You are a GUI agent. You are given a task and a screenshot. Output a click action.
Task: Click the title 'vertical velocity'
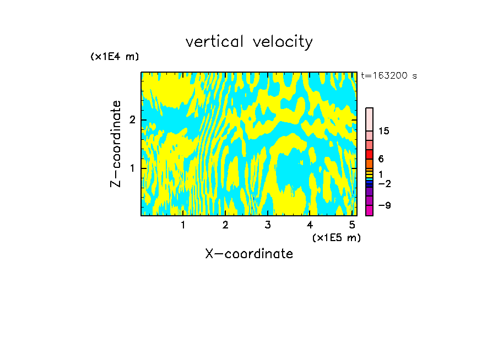click(249, 42)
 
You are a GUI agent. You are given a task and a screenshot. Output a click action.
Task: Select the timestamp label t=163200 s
click(388, 76)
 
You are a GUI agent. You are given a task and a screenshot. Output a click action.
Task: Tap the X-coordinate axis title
click(249, 254)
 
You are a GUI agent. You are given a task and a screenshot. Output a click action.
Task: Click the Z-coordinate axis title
click(116, 144)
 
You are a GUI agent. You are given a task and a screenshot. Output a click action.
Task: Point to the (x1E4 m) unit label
click(115, 57)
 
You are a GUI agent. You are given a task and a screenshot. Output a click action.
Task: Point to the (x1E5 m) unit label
click(336, 238)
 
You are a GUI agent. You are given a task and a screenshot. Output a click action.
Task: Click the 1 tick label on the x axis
click(183, 225)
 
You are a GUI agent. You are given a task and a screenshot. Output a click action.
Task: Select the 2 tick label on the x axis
click(225, 225)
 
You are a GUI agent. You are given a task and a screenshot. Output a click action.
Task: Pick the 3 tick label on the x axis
click(268, 225)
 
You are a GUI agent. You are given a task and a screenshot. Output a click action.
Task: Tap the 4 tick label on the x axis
click(310, 225)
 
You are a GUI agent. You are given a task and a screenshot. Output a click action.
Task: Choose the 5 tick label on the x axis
click(352, 225)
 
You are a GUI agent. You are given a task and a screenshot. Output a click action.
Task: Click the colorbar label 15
click(384, 131)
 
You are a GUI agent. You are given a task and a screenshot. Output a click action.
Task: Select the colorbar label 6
click(381, 159)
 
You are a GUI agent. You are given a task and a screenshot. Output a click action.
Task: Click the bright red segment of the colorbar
click(369, 155)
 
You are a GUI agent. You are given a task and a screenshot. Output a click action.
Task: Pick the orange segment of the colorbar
click(369, 163)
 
